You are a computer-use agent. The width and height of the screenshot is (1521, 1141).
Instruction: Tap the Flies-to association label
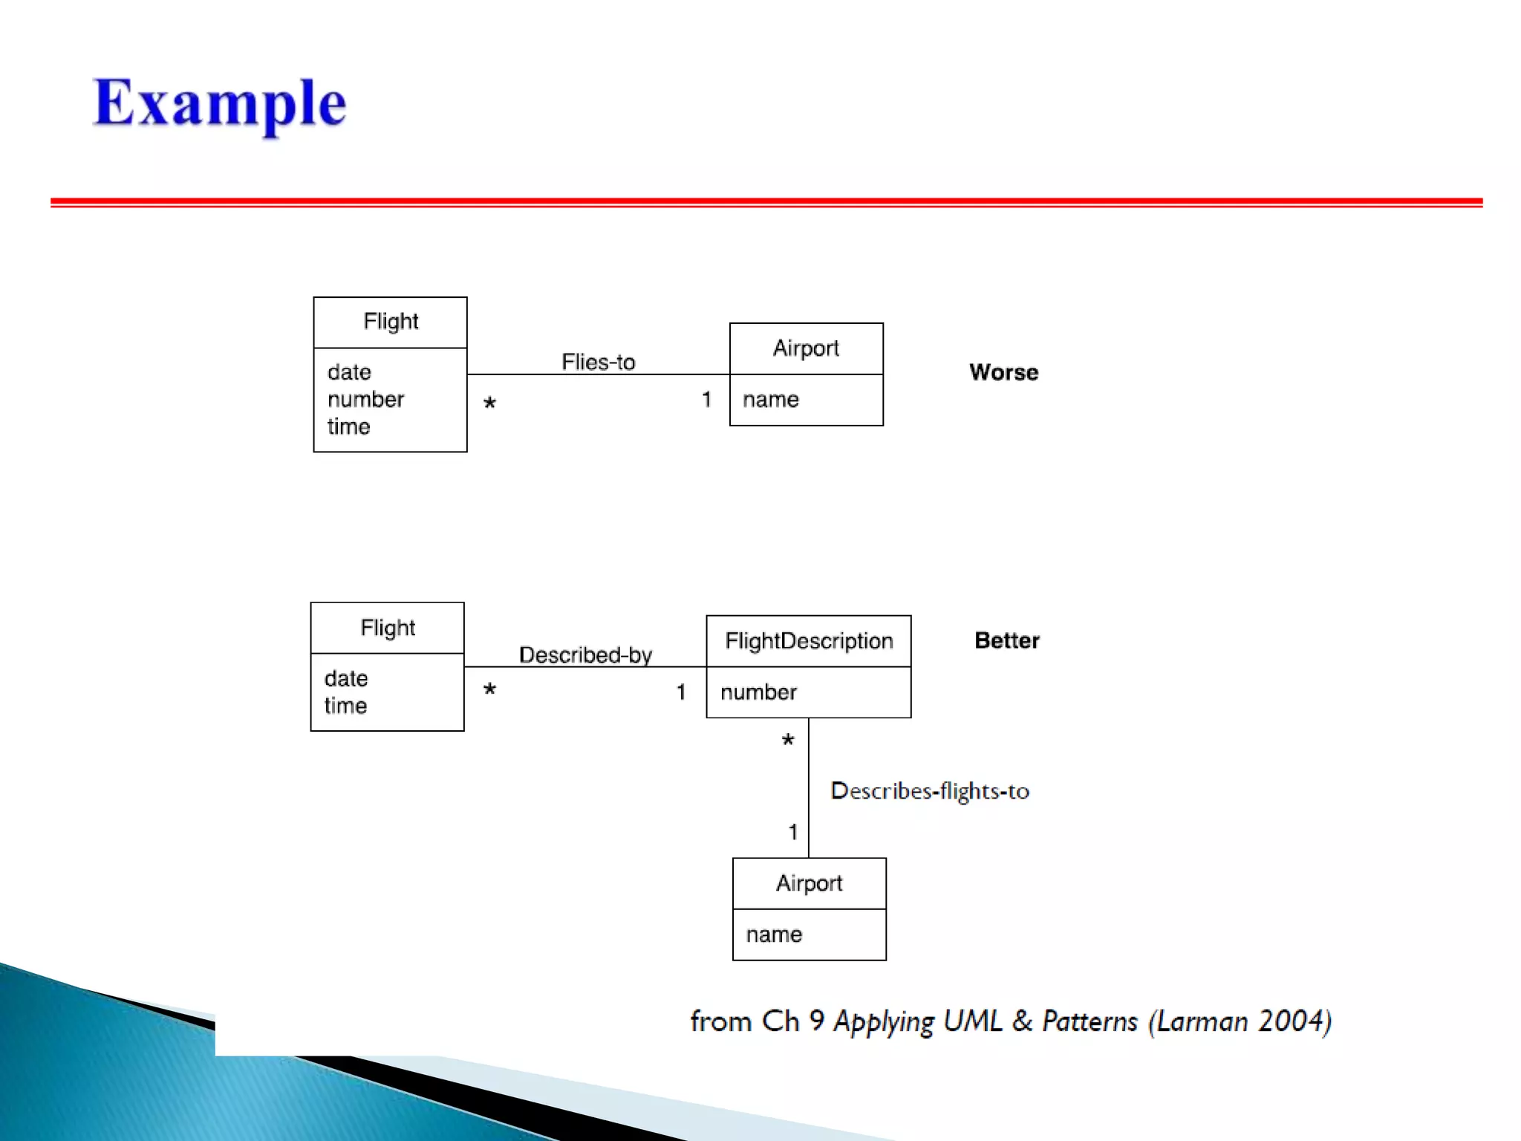[598, 362]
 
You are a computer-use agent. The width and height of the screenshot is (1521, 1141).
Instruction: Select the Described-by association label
[585, 654]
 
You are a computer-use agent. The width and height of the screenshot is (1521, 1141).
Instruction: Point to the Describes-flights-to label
[929, 791]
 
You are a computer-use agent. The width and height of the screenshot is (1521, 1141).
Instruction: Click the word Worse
[1003, 372]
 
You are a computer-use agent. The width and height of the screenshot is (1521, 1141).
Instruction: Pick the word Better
[1006, 640]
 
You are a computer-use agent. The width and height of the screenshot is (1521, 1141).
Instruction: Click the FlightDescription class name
[809, 640]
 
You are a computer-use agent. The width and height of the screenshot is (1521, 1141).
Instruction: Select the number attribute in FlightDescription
[758, 692]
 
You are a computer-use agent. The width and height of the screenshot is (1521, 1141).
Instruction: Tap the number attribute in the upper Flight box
[365, 400]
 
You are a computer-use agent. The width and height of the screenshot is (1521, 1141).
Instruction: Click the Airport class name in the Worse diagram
[806, 348]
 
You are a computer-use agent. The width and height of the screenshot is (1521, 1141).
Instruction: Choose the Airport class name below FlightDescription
[809, 883]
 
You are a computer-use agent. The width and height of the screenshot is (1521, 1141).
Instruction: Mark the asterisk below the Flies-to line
[489, 404]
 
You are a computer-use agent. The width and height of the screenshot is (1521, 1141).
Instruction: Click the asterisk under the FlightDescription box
[788, 741]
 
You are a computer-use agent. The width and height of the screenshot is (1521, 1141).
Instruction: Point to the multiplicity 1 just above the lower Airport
[793, 832]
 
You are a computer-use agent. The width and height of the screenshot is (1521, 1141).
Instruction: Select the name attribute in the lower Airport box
[774, 934]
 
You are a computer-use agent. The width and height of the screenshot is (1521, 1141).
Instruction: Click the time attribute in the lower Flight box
[345, 706]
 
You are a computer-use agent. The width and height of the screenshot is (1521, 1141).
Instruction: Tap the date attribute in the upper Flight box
[349, 372]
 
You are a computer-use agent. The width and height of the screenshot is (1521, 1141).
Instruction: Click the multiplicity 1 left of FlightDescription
[681, 692]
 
